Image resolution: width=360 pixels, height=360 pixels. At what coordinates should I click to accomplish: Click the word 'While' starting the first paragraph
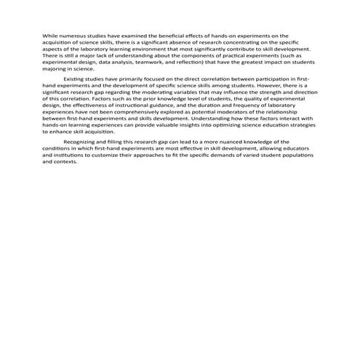(49, 35)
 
